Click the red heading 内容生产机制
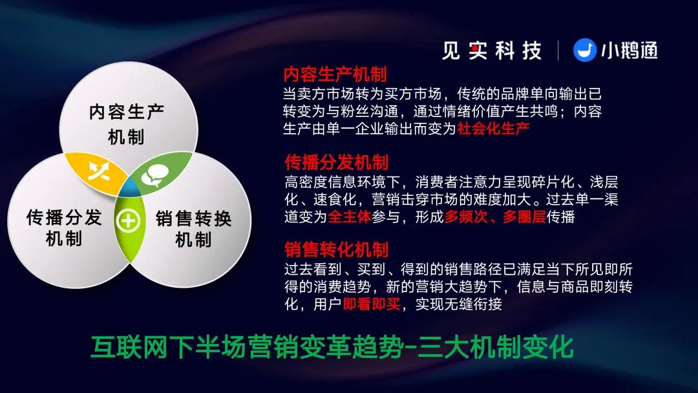[335, 74]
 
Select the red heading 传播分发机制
[337, 162]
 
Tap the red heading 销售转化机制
[337, 250]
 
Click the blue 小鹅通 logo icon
[584, 50]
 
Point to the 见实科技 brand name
[491, 50]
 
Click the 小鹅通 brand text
[629, 50]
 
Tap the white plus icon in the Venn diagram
[128, 221]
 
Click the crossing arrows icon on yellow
[99, 171]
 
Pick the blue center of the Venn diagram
[130, 189]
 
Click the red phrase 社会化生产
[493, 129]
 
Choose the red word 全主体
[350, 217]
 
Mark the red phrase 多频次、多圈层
[495, 217]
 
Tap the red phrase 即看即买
[372, 304]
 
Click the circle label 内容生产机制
[127, 124]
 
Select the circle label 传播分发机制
[64, 228]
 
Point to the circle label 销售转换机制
[194, 229]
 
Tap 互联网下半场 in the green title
[168, 347]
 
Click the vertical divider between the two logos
[558, 50]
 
